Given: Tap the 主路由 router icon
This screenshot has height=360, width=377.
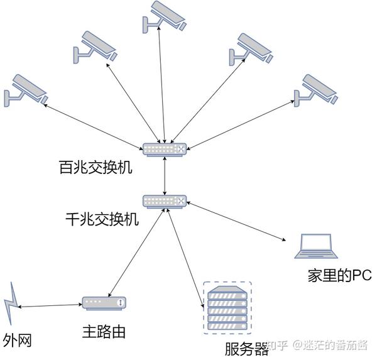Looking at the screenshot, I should [x=104, y=303].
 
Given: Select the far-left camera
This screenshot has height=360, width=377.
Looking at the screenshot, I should [x=25, y=89].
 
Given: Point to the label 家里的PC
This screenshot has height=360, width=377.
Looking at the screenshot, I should [x=340, y=275].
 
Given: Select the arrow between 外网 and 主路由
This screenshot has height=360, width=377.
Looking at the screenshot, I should [x=50, y=306].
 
